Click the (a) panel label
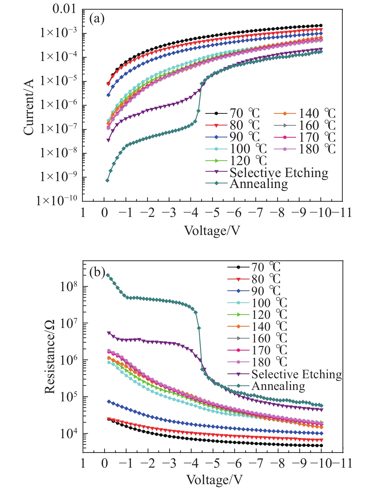(x=97, y=19)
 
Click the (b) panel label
(x=97, y=272)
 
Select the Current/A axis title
(x=28, y=107)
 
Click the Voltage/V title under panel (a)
(x=212, y=231)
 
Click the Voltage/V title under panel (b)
(x=215, y=480)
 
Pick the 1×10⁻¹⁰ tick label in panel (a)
(x=56, y=201)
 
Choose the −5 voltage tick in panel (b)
(x=213, y=463)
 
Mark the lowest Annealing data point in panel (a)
(x=107, y=180)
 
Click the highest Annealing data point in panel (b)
(x=108, y=275)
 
